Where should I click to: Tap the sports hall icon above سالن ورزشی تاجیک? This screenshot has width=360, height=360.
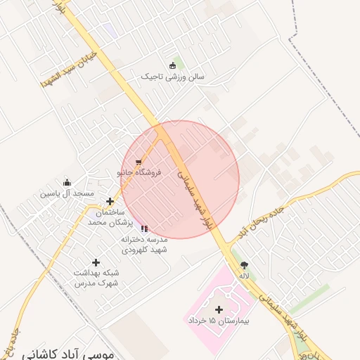point(172,66)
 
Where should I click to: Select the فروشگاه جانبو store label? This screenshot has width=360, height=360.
point(139,172)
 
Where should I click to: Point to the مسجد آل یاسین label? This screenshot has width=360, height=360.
point(66,193)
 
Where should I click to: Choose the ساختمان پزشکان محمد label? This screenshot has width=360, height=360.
point(106,217)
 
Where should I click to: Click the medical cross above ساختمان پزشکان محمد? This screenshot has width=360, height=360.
point(110,202)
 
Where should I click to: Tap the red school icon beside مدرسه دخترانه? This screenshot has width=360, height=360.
point(144,229)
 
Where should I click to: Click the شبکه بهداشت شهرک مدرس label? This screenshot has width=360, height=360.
point(96,277)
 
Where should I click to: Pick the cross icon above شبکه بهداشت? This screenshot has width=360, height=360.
point(96,262)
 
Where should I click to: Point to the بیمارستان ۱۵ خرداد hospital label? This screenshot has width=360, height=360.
point(219,320)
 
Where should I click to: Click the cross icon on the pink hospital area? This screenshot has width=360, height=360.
point(218,309)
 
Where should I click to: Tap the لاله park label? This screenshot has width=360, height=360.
point(244,276)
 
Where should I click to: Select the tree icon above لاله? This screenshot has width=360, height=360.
point(244,265)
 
